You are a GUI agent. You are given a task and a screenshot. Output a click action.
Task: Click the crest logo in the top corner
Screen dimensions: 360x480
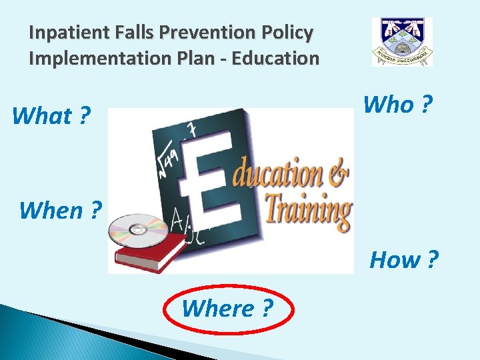coord(402,41)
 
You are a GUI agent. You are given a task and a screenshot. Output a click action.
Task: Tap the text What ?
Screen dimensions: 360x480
coord(51,116)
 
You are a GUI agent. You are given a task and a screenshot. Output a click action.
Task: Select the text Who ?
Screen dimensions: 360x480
coord(397,104)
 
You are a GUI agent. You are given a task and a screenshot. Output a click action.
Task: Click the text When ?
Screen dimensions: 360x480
coord(60,210)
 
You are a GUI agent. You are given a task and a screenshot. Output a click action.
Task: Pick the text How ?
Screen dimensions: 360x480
coord(404,259)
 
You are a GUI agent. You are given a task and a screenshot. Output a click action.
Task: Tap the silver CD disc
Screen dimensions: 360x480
coord(139,229)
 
